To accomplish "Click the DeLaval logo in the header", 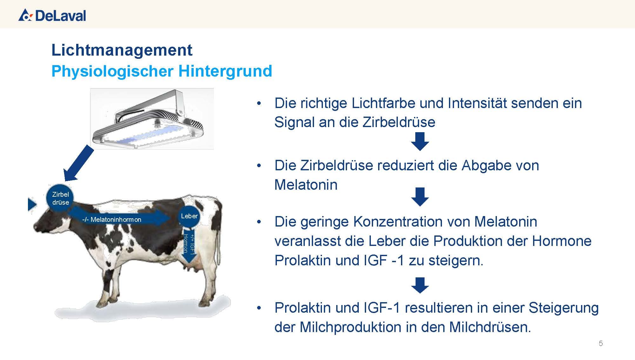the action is (52, 15).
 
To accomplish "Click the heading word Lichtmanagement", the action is (122, 50).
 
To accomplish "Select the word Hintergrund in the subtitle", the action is (225, 71).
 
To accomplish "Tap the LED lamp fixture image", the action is (152, 119).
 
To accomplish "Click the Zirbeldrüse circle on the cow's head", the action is (60, 198).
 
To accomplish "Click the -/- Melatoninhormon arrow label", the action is (112, 220).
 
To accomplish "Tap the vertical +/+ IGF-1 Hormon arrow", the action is (189, 245).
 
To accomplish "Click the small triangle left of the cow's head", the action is (32, 204).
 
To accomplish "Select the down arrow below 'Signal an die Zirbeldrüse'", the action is (420, 141).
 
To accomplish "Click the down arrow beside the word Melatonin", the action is (420, 197).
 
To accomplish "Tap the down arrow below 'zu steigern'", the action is (420, 285).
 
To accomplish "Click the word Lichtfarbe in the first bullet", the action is (383, 103).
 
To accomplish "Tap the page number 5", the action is (601, 343).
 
